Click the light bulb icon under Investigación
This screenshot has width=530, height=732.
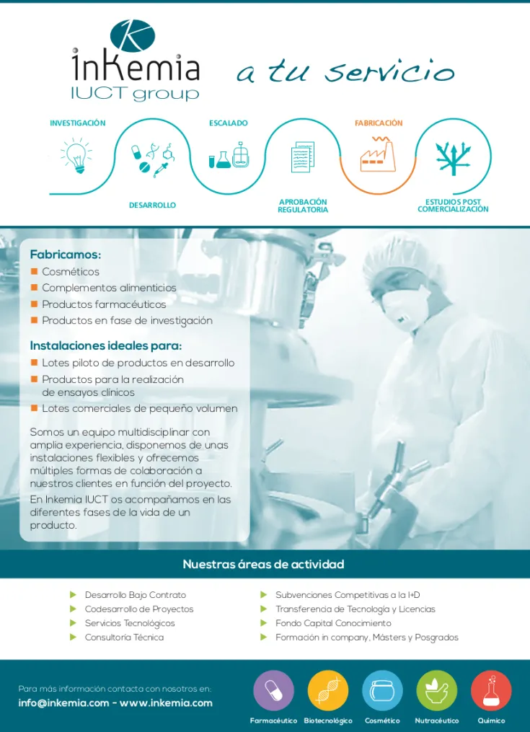(x=76, y=156)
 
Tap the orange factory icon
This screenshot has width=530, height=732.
(x=378, y=154)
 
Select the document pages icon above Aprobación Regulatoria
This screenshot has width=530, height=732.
(x=303, y=157)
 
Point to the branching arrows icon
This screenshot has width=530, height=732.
(x=453, y=158)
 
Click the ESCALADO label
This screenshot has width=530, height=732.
(x=229, y=123)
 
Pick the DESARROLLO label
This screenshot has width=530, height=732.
(x=152, y=206)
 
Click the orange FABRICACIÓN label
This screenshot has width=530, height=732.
(x=379, y=123)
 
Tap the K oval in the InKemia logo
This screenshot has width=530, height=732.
(x=133, y=36)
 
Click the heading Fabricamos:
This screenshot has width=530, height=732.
(x=66, y=255)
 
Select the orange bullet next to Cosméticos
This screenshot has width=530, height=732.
(x=34, y=271)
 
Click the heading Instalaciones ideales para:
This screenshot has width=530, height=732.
(x=105, y=346)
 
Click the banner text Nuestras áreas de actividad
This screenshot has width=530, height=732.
(x=263, y=564)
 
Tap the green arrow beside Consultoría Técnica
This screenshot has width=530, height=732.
(x=73, y=638)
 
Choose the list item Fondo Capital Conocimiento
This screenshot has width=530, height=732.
(x=333, y=623)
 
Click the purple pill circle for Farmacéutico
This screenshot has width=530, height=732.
(x=273, y=691)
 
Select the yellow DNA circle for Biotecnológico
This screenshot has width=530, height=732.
(x=328, y=691)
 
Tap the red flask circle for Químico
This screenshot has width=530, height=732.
(x=491, y=691)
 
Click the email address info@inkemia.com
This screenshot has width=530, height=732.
(x=64, y=703)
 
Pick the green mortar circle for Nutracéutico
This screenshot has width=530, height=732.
(x=437, y=691)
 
